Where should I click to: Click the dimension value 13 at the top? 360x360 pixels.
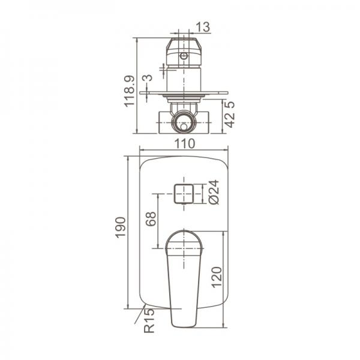pos(202,26)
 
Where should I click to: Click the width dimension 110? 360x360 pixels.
pos(184,143)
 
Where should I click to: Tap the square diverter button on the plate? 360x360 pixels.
pos(184,193)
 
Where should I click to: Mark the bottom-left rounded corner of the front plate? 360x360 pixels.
pos(144,303)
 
